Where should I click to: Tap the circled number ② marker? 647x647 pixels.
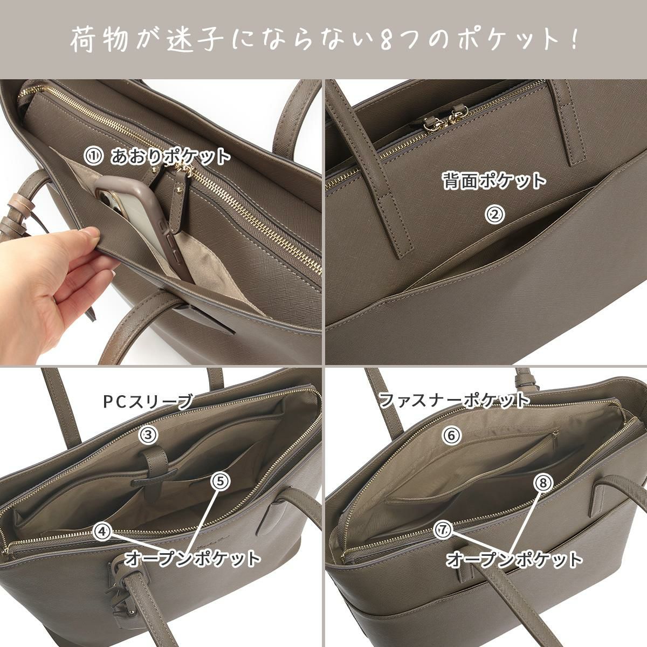[x=495, y=215]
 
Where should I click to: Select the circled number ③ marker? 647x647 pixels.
[x=148, y=434]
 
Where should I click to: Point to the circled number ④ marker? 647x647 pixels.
[x=102, y=531]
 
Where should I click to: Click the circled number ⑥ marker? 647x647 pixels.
[x=452, y=435]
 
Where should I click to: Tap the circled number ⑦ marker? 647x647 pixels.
[x=442, y=530]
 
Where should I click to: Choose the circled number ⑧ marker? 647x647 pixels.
[x=543, y=483]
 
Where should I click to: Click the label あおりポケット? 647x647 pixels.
[x=170, y=157]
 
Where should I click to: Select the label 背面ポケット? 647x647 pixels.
[x=494, y=181]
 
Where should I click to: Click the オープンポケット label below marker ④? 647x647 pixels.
[x=192, y=559]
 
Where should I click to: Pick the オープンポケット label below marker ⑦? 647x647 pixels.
[x=514, y=559]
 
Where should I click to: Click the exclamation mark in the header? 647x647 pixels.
[x=573, y=39]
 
